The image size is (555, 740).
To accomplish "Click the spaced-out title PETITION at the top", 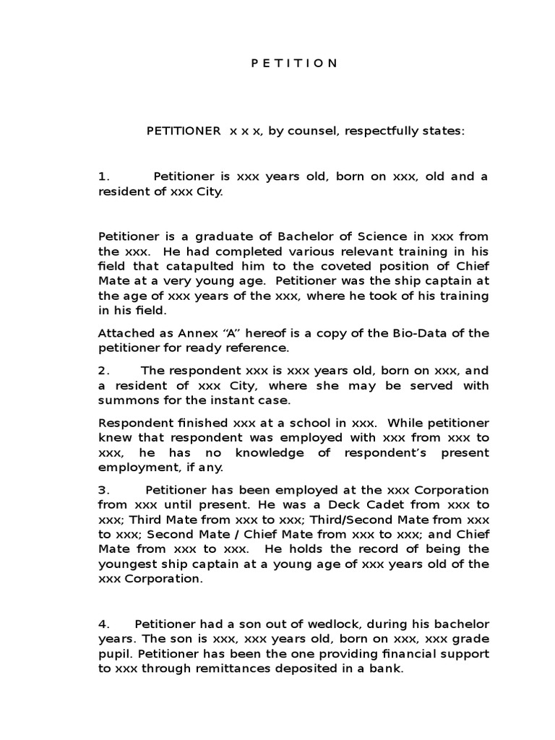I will coord(294,63).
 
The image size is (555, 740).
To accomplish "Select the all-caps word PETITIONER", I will coord(184,132).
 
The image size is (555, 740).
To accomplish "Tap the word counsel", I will coord(311,132).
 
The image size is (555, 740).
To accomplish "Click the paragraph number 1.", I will coord(104,176).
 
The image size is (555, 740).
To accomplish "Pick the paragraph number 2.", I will coord(104,370).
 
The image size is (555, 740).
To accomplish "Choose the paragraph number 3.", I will coord(104,490).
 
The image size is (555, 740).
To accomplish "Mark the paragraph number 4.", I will coord(104,623).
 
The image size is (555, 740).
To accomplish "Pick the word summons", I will coord(126,400).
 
